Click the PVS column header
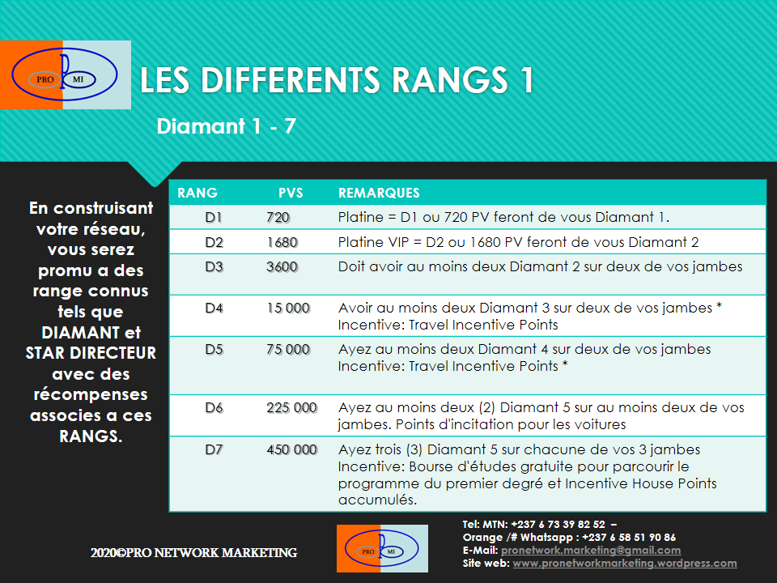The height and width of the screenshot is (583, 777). [291, 193]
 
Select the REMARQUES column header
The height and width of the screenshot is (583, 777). [379, 193]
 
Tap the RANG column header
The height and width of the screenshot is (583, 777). [197, 193]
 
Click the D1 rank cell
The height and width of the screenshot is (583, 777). [214, 217]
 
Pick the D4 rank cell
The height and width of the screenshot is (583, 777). [214, 309]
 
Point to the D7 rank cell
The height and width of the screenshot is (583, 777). [214, 449]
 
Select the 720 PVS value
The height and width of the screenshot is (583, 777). [278, 217]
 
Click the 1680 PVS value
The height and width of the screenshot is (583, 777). [282, 242]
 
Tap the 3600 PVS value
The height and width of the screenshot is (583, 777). [282, 266]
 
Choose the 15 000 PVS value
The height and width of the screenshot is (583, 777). [288, 309]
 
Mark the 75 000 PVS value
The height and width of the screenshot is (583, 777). [288, 350]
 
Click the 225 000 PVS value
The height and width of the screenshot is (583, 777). [291, 408]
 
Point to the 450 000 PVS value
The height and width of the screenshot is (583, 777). [291, 449]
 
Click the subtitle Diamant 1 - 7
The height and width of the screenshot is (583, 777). [226, 127]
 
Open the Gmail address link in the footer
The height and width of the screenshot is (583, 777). [591, 551]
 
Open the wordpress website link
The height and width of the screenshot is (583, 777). [625, 564]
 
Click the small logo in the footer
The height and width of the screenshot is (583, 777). [382, 548]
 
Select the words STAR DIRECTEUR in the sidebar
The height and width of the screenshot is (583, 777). [91, 353]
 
